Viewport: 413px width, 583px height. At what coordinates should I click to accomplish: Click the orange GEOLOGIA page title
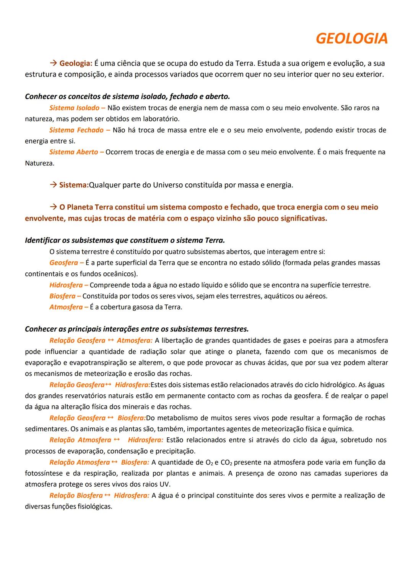click(352, 39)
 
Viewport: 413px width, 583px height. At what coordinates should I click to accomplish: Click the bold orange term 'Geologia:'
click(76, 63)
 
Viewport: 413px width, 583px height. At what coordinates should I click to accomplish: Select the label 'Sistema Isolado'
click(74, 108)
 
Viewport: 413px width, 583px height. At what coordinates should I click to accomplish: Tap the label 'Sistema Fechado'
click(76, 130)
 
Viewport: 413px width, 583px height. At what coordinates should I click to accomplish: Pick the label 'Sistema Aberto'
click(74, 152)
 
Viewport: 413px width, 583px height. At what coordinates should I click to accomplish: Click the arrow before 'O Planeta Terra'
click(53, 207)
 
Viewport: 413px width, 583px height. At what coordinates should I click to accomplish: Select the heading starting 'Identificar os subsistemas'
click(125, 240)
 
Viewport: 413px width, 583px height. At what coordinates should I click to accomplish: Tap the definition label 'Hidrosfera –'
click(69, 285)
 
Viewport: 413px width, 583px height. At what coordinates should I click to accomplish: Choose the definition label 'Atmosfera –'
click(69, 307)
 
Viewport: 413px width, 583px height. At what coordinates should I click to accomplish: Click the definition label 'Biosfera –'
click(65, 296)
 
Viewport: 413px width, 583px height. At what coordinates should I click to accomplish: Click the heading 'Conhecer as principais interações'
click(137, 329)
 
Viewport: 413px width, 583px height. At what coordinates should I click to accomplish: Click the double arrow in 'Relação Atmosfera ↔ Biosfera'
click(115, 462)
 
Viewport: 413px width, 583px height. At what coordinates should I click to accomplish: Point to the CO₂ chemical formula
click(226, 463)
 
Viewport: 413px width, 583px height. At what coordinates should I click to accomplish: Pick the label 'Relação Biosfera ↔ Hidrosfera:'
click(99, 496)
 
